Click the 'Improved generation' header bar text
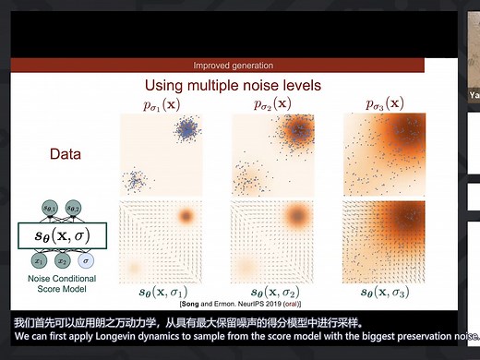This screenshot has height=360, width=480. [233, 66]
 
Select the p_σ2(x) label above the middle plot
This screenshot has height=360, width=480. [272, 102]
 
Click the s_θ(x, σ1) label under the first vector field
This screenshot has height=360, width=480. [172, 293]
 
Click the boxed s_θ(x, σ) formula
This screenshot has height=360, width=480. [62, 235]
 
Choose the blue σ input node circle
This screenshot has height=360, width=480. [84, 261]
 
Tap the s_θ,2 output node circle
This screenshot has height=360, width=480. [73, 208]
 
